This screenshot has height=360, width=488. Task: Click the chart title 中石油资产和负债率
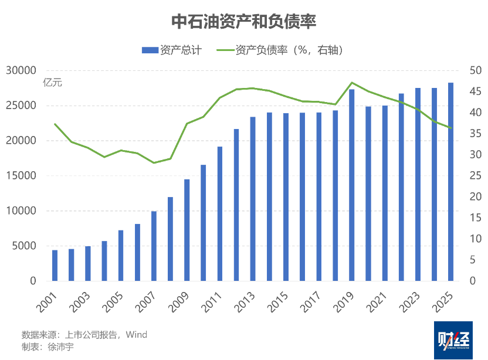[x=244, y=22]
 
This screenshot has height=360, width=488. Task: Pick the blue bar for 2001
[x=55, y=266]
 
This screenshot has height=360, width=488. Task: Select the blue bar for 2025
[x=451, y=182]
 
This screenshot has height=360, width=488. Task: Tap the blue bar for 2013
[x=253, y=199]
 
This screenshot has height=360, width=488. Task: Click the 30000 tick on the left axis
[x=24, y=70]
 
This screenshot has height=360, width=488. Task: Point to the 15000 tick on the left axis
[x=24, y=176]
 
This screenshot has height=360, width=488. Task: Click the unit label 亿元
[x=52, y=83]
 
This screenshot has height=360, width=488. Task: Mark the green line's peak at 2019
[x=352, y=83]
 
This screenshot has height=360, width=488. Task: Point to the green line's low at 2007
[x=154, y=162]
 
